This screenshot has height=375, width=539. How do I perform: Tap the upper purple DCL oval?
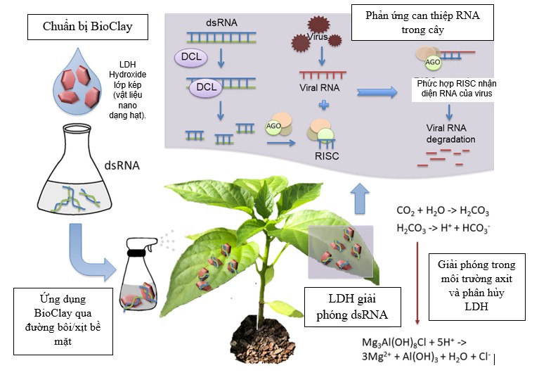point(188,58)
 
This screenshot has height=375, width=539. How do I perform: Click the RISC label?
point(327,156)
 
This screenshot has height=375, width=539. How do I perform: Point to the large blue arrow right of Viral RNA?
point(377,91)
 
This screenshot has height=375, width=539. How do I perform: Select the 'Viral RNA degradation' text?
point(450,134)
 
